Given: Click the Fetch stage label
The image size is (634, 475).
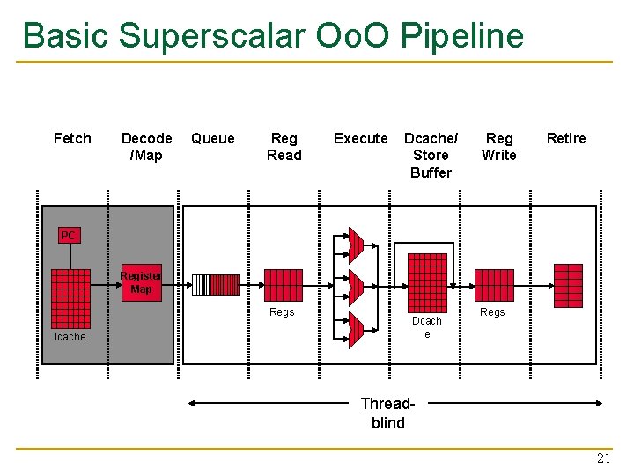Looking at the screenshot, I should coord(72,138).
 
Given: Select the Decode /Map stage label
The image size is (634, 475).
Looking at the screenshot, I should coord(146,147).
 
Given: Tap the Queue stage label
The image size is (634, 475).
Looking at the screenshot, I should coord(213,138).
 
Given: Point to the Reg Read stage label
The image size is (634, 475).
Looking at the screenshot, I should coord(284,147).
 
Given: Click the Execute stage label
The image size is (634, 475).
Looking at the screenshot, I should coord(360,138).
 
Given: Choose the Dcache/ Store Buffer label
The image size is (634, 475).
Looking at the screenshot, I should coord(431,155).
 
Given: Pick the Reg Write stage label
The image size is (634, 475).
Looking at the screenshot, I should coord(499,147).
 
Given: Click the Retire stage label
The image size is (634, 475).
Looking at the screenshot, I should coord(566,138).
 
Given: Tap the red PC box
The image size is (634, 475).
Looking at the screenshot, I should coord(69,235).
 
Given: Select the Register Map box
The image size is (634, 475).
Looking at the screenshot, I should coord(141,282).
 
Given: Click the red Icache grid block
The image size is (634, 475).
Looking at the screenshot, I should coord(70,298).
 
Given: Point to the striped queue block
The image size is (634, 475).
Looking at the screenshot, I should coord(215,285).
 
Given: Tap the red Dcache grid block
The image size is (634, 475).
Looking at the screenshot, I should coord(426,283).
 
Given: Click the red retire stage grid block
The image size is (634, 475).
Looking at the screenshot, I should coord(568,285).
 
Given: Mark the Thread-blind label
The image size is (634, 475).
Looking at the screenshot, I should coord(388,413).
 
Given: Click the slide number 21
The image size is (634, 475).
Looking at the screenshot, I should coord(603,458).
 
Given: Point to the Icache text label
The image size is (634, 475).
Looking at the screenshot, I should coord(70,337).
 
